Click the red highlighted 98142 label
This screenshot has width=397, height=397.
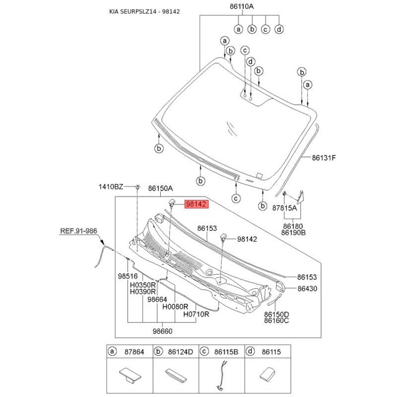point(197,204)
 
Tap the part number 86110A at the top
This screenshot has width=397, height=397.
point(242,6)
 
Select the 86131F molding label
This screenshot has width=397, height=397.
point(324,158)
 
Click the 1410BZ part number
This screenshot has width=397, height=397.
point(111,187)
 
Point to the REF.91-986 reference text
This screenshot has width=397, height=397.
point(78,231)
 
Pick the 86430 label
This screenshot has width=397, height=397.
point(307,288)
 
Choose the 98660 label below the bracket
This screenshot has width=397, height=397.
point(163,331)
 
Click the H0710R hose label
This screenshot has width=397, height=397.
point(196,314)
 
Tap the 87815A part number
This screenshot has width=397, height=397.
point(284,208)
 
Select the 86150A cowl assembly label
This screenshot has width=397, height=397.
point(160,189)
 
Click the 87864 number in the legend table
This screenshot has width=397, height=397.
point(134,352)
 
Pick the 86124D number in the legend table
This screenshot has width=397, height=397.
point(181,352)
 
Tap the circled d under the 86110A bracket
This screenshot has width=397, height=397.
point(279,29)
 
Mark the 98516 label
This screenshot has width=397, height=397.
point(128,276)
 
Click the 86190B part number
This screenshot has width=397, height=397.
point(293,232)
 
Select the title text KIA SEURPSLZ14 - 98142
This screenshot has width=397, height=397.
point(144,11)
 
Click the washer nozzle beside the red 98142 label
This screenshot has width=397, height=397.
point(172,202)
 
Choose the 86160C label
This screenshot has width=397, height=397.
point(276,321)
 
